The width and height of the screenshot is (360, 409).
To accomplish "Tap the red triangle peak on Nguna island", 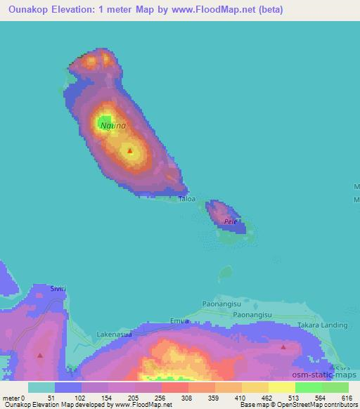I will [129, 149].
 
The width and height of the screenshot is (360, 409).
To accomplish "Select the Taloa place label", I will [186, 199].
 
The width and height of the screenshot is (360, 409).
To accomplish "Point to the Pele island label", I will [230, 221].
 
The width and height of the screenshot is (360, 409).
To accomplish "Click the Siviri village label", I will [58, 288].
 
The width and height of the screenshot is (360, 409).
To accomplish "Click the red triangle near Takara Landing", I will [283, 346].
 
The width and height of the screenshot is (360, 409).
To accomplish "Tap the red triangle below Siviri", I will [39, 355].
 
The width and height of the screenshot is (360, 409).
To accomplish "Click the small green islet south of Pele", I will [225, 271].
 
